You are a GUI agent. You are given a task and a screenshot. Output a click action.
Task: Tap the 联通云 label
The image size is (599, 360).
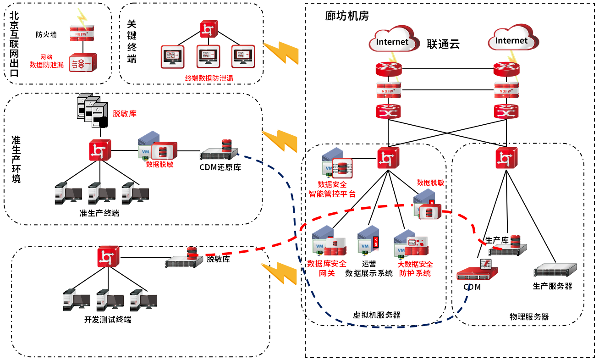[443, 44]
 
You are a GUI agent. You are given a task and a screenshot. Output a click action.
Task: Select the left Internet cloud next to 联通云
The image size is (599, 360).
[393, 41]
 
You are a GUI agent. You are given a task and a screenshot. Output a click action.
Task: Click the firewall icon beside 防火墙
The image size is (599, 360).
[82, 33]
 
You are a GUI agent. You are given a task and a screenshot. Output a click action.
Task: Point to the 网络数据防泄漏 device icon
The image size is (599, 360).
[82, 63]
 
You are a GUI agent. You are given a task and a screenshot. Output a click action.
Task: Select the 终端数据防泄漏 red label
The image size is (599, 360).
[209, 78]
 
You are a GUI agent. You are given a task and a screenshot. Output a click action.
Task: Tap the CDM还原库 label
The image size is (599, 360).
[220, 167]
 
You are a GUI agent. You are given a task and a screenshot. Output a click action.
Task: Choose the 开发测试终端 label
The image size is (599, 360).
[108, 320]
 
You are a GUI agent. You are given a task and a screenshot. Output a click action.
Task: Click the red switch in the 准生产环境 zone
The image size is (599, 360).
[100, 150]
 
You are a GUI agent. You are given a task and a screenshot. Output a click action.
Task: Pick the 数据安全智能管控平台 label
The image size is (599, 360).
[332, 189]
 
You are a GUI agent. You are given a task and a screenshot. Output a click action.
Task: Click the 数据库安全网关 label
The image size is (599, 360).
[327, 268]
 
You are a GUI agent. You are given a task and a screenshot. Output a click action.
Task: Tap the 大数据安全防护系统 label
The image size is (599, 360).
[415, 268]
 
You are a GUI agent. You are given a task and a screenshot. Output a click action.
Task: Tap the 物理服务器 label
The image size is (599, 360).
[529, 317]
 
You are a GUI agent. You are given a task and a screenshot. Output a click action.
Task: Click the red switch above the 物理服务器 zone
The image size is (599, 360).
[506, 158]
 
